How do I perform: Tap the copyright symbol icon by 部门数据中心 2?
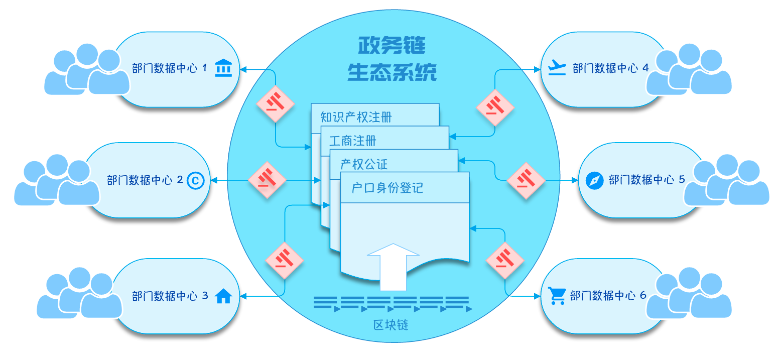click(x=196, y=180)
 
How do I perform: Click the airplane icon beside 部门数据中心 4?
click(x=557, y=67)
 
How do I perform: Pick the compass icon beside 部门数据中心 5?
click(x=594, y=180)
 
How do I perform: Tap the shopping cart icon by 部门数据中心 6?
click(x=557, y=296)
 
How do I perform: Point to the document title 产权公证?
click(x=364, y=164)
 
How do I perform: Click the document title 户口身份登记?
click(x=387, y=188)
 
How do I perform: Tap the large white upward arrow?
click(x=393, y=266)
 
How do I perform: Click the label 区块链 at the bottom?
click(x=391, y=325)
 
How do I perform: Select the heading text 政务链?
click(x=392, y=46)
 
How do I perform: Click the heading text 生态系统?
click(x=392, y=72)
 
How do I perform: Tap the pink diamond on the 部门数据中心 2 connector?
click(x=267, y=180)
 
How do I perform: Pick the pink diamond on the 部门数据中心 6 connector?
click(x=505, y=260)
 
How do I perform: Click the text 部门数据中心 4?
click(x=610, y=68)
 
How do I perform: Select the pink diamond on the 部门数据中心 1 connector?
click(x=275, y=103)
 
